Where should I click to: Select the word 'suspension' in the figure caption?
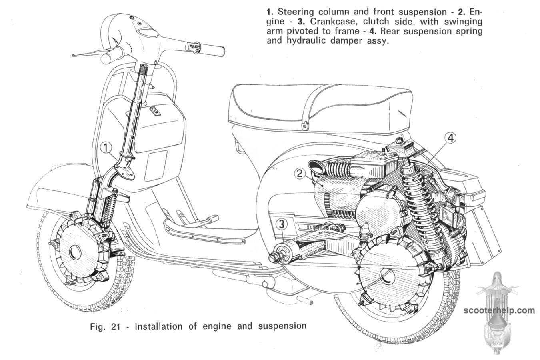[284, 326]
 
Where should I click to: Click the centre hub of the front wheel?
[74, 252]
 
